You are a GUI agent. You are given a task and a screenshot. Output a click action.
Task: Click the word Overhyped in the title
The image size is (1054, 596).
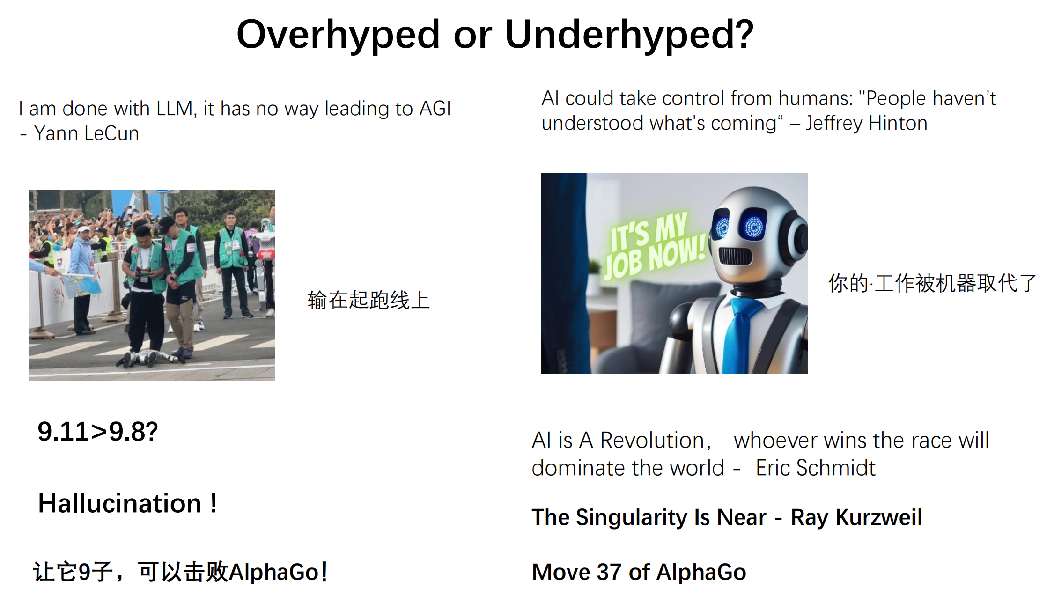338,36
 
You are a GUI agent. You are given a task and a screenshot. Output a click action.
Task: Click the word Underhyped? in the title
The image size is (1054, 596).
629,36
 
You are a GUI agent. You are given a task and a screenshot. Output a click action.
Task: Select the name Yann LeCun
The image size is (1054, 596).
87,133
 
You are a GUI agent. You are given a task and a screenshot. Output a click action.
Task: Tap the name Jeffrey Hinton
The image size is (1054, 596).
866,123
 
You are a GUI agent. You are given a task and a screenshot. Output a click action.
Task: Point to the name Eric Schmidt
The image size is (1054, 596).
815,468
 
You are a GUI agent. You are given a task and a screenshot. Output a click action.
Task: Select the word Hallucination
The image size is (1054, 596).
120,503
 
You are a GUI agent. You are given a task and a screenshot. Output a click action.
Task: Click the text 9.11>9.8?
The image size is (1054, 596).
98,431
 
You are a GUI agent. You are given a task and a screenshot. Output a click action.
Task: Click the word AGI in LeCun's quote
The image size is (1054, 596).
435,109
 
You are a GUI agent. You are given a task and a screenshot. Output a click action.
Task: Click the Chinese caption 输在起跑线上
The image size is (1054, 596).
369,300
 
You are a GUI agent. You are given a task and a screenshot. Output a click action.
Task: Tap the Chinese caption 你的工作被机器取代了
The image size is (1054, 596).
932,283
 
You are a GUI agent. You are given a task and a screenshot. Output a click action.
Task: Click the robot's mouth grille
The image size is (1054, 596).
735,256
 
